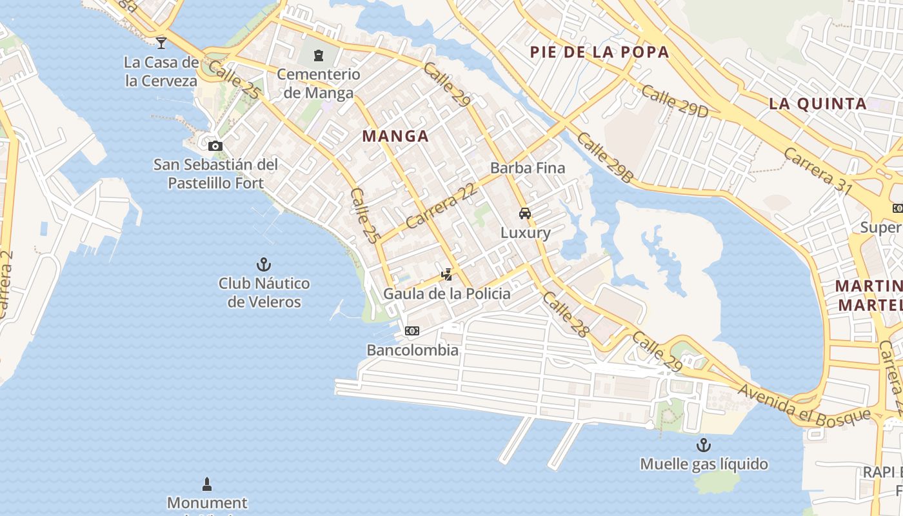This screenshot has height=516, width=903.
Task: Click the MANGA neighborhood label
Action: tap(395, 136)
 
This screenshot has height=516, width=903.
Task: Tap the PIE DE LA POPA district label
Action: tap(599, 52)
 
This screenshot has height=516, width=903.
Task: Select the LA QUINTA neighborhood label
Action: tap(817, 103)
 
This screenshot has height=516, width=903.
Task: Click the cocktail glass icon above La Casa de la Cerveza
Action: tap(161, 43)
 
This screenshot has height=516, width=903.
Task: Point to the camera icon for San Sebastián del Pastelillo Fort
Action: tap(215, 146)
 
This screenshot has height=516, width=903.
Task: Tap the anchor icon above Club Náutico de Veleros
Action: tap(263, 264)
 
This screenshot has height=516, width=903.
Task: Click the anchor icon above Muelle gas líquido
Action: tap(703, 445)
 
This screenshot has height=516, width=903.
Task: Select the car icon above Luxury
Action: tap(525, 213)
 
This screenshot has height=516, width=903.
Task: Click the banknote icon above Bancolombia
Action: tap(412, 331)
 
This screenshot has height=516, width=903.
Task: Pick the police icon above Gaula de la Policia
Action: tap(446, 275)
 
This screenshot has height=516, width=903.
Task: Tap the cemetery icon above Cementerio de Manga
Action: tap(319, 55)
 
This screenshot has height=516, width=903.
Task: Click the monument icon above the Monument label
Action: tap(207, 484)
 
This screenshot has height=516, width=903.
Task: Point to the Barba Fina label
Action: tap(528, 168)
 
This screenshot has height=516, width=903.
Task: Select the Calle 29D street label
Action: tap(675, 101)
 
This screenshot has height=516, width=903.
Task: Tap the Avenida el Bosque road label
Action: tap(804, 405)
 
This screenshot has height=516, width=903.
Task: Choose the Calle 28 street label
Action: tap(566, 314)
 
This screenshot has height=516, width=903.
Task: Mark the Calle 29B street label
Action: tap(604, 157)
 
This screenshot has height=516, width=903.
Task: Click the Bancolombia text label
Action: tap(413, 350)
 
